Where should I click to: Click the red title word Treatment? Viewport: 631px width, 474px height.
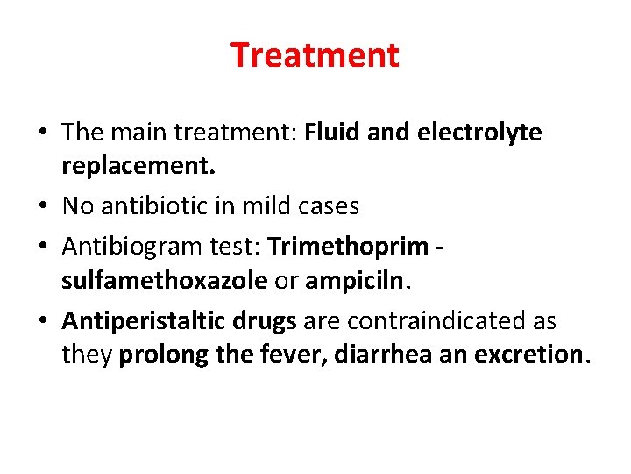(315, 55)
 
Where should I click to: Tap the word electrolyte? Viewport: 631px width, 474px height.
(481, 133)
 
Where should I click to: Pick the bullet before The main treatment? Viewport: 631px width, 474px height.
(45, 133)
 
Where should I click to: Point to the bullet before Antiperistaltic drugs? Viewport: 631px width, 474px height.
(45, 322)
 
